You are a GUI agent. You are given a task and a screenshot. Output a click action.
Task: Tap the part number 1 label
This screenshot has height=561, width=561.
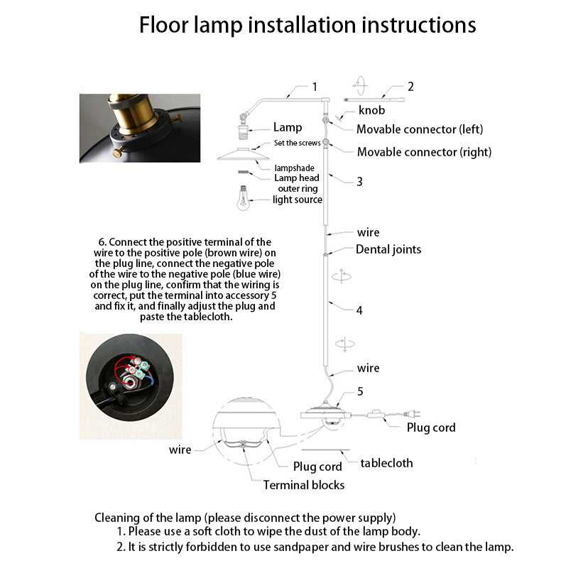click(314, 87)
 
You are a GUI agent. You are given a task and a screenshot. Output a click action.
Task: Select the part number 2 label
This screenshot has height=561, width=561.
click(410, 87)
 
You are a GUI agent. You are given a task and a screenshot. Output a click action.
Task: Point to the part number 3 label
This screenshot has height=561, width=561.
click(359, 181)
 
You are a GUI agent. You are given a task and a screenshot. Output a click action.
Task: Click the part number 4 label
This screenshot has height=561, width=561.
click(359, 310)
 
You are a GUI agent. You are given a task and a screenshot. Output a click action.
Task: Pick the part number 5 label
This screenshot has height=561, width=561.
click(360, 391)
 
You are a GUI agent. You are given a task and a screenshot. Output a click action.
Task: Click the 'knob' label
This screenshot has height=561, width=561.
click(371, 110)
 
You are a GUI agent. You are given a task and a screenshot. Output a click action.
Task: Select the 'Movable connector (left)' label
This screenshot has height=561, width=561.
click(420, 129)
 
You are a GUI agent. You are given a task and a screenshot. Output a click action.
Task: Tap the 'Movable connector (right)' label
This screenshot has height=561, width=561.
click(424, 152)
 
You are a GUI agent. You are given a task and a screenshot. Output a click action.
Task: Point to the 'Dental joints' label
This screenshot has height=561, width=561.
click(388, 249)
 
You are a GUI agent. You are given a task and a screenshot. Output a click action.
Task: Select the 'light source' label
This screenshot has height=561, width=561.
click(298, 200)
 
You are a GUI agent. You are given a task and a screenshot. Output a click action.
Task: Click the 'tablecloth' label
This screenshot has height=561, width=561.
click(386, 463)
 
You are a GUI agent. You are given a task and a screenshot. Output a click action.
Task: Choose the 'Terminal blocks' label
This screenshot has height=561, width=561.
click(304, 485)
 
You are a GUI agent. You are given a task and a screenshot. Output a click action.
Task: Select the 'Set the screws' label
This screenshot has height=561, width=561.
click(298, 143)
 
